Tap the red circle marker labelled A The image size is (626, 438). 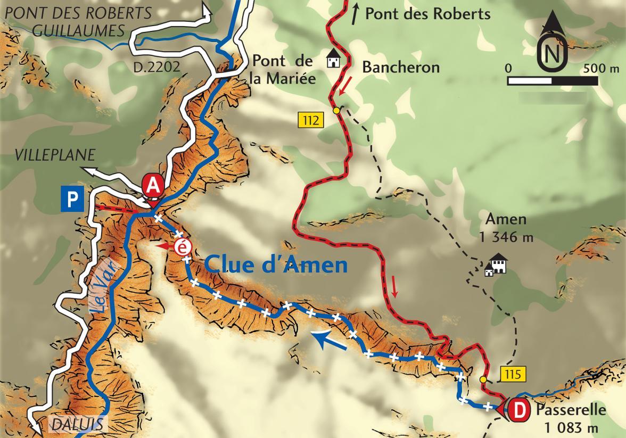click(153, 186)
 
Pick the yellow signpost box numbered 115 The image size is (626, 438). click(514, 375)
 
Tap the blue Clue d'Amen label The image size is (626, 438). click(275, 265)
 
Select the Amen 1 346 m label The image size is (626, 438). click(506, 228)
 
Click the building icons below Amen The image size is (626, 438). click(496, 265)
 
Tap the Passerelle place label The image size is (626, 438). click(571, 410)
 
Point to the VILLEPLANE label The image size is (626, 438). click(55, 155)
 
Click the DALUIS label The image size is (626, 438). click(78, 425)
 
